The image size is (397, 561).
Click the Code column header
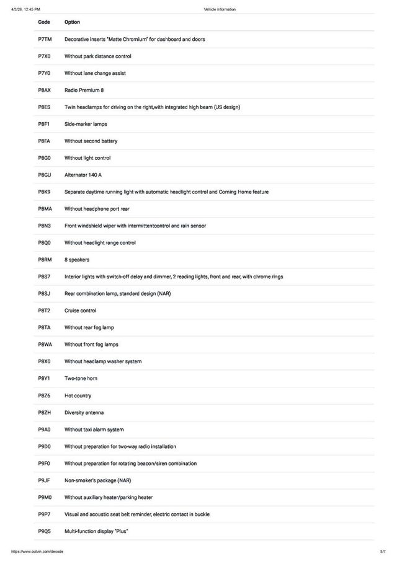[x=43, y=22]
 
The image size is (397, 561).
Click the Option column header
[x=72, y=22]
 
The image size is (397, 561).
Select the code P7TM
[x=44, y=39]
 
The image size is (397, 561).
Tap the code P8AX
[x=44, y=90]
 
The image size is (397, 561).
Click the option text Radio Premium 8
[x=84, y=90]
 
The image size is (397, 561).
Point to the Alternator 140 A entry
[x=83, y=175]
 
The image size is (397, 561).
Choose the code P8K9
[x=44, y=192]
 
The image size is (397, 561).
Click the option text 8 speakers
[x=77, y=260]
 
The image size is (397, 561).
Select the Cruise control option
[x=81, y=311]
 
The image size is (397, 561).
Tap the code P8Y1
[x=43, y=378]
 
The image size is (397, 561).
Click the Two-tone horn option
[x=81, y=378]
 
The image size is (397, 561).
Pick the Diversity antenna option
[x=84, y=412]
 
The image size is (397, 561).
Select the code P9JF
[x=43, y=480]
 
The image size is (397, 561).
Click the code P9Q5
[x=44, y=531]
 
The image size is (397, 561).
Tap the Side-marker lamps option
[x=86, y=124]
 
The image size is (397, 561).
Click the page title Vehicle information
[x=220, y=9]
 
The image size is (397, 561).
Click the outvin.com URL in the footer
[x=37, y=552]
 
